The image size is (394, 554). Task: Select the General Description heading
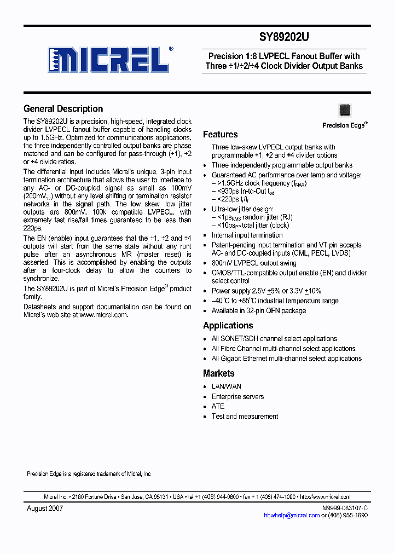(63, 108)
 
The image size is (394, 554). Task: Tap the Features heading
(220, 134)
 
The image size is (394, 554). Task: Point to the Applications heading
(228, 325)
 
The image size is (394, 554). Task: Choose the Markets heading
(218, 373)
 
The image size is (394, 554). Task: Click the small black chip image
(344, 109)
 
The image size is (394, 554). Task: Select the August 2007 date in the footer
(45, 508)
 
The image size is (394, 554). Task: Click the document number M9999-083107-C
(345, 508)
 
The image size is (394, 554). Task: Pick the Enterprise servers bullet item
(237, 396)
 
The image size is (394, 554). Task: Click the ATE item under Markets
(218, 406)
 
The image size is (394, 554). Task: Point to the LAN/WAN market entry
(226, 386)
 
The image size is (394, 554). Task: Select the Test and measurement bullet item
(245, 416)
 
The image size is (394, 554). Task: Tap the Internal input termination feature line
(247, 235)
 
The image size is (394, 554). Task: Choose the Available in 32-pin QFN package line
(258, 310)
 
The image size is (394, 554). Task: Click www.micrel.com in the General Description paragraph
(103, 315)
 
